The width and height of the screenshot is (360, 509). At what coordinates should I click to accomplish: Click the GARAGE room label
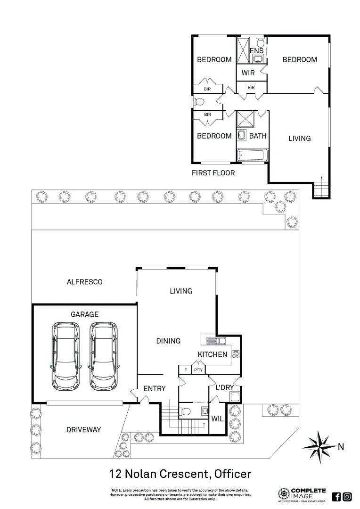pos(85,314)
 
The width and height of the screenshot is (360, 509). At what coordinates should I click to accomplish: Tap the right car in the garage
pos(103,355)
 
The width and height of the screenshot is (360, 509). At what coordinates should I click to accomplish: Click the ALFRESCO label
pos(85,282)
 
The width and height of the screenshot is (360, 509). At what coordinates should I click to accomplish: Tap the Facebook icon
pos(336,496)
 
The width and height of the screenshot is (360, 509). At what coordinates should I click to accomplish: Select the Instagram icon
pos(347,496)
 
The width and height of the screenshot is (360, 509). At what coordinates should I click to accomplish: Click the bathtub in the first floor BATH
pos(252,155)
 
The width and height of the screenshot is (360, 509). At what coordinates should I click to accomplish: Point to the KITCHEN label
pos(212,354)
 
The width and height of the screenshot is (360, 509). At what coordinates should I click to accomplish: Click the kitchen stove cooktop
pos(236,355)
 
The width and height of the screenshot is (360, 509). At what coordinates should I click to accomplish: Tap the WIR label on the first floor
pos(248,73)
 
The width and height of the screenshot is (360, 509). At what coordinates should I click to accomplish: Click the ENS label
pos(256,50)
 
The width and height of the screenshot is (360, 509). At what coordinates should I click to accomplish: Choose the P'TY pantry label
pos(198,370)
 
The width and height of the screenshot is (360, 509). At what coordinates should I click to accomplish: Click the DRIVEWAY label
pos(83,430)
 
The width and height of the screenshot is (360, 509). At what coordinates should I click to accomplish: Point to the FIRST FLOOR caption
pos(213,173)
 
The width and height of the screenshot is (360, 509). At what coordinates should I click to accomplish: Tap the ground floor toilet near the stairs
pos(186,411)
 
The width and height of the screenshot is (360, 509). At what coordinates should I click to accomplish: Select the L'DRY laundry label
pos(225,387)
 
